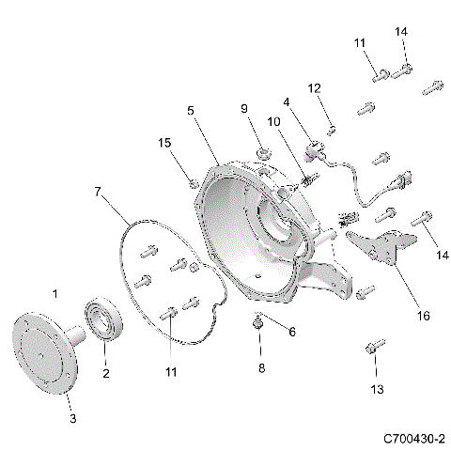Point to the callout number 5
coord(191,110)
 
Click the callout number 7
coord(99,192)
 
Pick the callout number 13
coord(378,389)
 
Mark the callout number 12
coord(316,87)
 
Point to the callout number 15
coord(164,143)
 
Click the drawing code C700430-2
coord(413,439)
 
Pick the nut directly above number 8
coord(257,324)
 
